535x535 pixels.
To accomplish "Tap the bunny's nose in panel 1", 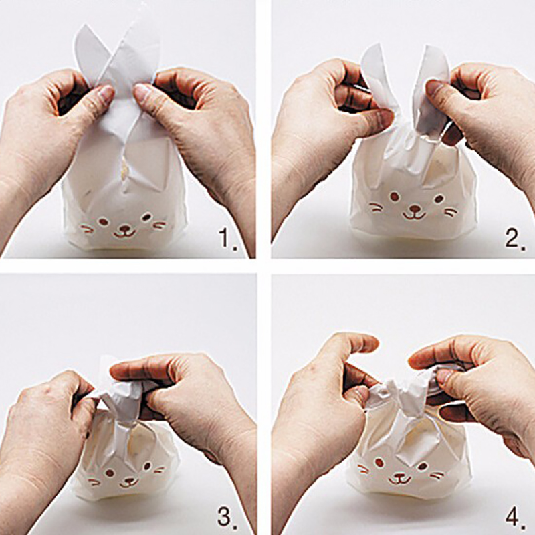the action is (x=126, y=228).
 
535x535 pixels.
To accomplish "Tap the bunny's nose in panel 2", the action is (x=415, y=207).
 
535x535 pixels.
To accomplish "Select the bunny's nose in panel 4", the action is (x=400, y=475).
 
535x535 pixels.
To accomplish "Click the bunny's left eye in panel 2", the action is (x=394, y=196).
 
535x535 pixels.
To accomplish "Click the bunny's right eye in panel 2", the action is (x=439, y=199).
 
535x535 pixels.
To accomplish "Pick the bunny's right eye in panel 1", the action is (x=146, y=216).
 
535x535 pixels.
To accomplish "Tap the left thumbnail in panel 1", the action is (x=106, y=93).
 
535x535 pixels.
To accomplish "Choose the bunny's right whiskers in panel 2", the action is (x=451, y=213).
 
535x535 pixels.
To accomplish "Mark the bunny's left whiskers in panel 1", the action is (x=87, y=228).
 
